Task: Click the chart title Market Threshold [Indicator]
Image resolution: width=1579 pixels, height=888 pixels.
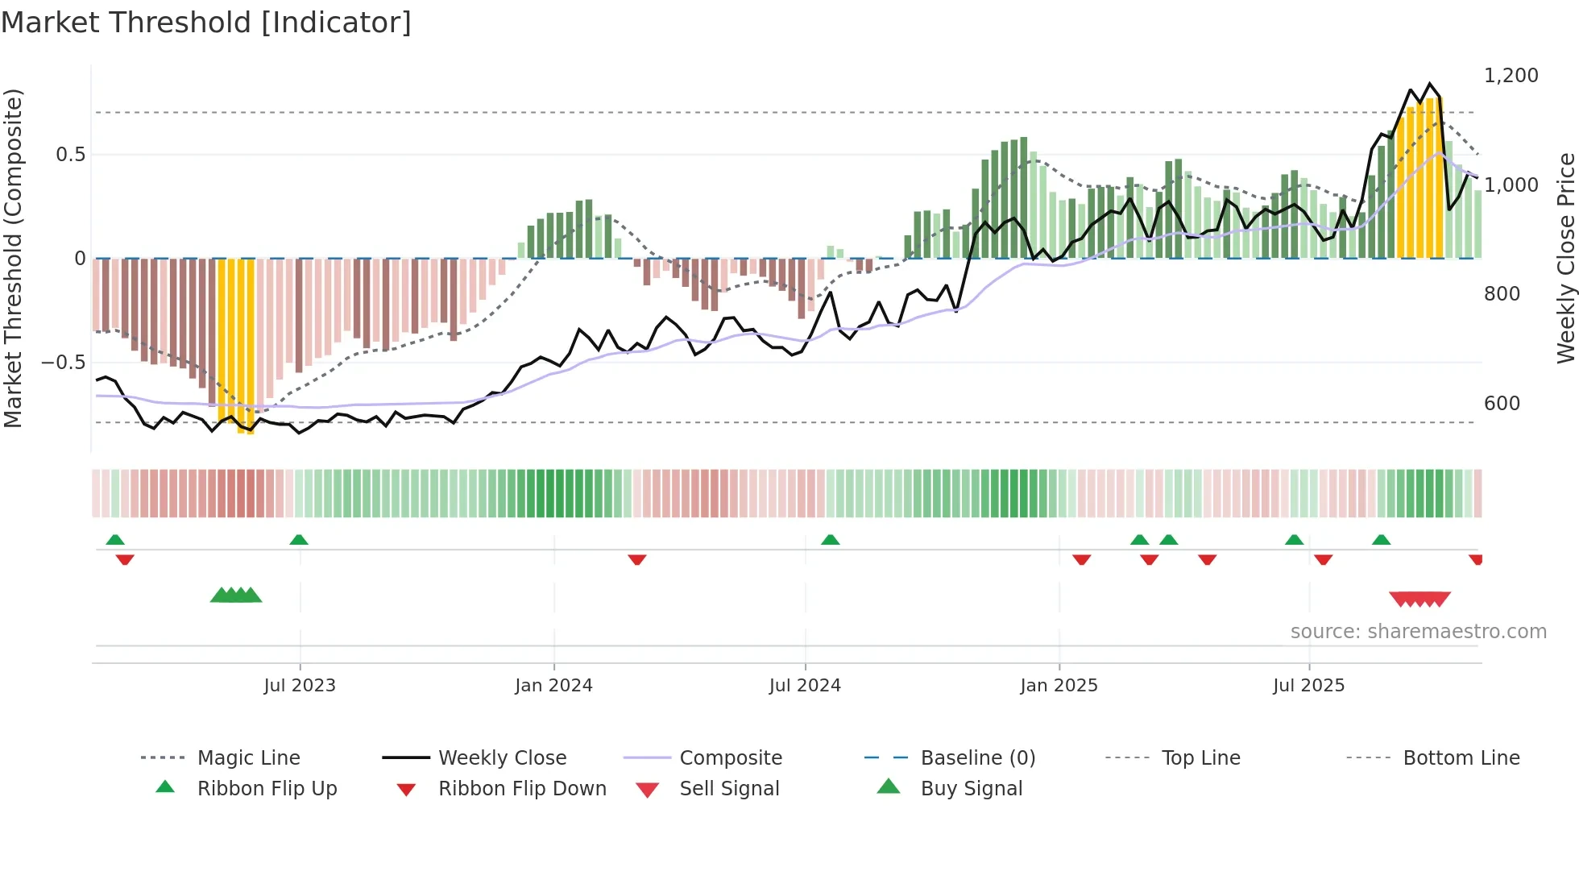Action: click(x=206, y=23)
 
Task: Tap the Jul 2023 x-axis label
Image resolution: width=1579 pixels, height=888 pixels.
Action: click(x=300, y=686)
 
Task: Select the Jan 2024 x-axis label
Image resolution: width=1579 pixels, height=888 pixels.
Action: click(x=553, y=686)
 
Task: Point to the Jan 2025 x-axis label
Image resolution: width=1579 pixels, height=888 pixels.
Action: click(x=1059, y=686)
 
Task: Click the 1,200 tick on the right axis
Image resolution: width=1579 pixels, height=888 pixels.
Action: click(x=1511, y=76)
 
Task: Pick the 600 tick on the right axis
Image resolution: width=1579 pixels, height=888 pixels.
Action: click(x=1502, y=404)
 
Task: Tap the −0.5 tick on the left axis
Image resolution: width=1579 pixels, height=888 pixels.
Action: click(x=63, y=363)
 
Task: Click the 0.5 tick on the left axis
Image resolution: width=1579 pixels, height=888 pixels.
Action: click(x=70, y=155)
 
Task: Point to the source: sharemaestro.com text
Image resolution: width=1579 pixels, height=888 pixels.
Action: click(x=1418, y=632)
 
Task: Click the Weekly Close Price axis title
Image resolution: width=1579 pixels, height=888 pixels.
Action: click(x=1565, y=258)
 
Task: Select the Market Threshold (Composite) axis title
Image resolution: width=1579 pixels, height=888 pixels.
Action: click(x=13, y=258)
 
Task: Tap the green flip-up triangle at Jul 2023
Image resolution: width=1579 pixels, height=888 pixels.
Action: click(x=299, y=540)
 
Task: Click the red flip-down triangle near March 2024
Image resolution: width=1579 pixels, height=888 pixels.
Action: click(x=637, y=559)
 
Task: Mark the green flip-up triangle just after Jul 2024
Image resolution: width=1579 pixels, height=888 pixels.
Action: click(x=831, y=540)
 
